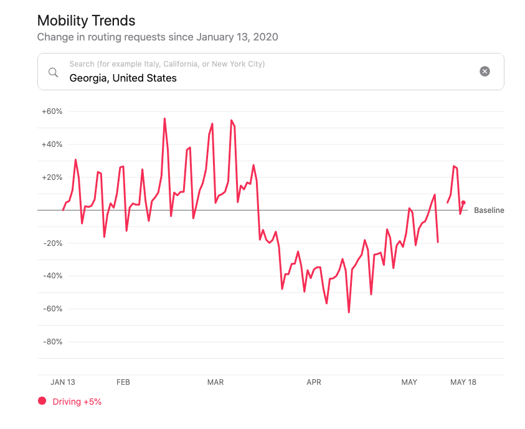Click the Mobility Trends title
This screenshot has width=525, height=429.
(86, 21)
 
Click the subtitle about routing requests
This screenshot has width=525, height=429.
(157, 37)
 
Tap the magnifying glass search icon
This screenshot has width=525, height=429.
(54, 72)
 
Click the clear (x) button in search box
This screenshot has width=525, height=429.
(485, 72)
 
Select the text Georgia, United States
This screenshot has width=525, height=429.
(123, 78)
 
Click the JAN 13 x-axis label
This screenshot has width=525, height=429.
(63, 382)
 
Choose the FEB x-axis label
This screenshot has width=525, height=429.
(123, 382)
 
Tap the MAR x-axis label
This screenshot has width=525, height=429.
(215, 382)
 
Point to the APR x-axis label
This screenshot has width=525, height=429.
(314, 382)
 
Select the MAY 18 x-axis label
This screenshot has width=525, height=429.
(463, 382)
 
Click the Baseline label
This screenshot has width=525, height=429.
(489, 210)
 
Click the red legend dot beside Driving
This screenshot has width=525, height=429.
(42, 401)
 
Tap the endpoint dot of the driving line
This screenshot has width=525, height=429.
(463, 202)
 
